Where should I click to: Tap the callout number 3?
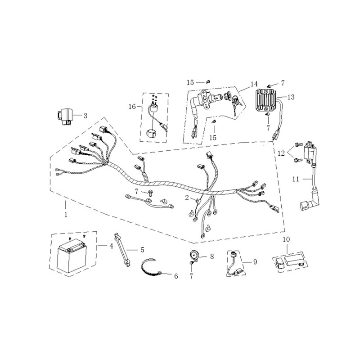(85, 116)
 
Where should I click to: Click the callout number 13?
(291, 97)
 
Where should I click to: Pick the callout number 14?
(254, 84)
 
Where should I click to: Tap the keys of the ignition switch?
(237, 104)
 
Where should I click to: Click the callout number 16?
(132, 107)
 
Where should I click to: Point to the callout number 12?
(281, 153)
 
